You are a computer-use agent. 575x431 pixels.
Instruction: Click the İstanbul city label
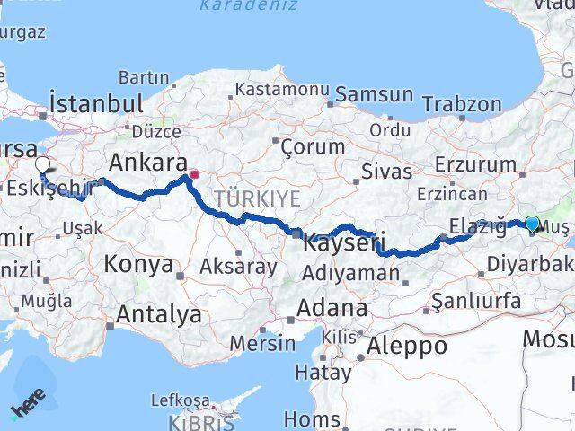pos(97,103)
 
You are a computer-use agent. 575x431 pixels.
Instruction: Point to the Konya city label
pos(137,264)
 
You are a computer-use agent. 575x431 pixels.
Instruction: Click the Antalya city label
pos(157,314)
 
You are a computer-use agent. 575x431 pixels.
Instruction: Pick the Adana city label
pos(333,310)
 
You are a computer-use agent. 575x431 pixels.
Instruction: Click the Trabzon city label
pos(462,104)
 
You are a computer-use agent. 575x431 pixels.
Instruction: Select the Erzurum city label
pos(475,164)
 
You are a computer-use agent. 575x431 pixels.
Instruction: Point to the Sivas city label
pos(386,171)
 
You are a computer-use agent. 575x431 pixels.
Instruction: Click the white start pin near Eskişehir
pos(42,164)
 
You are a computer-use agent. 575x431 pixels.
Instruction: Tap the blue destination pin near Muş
pos(532,224)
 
